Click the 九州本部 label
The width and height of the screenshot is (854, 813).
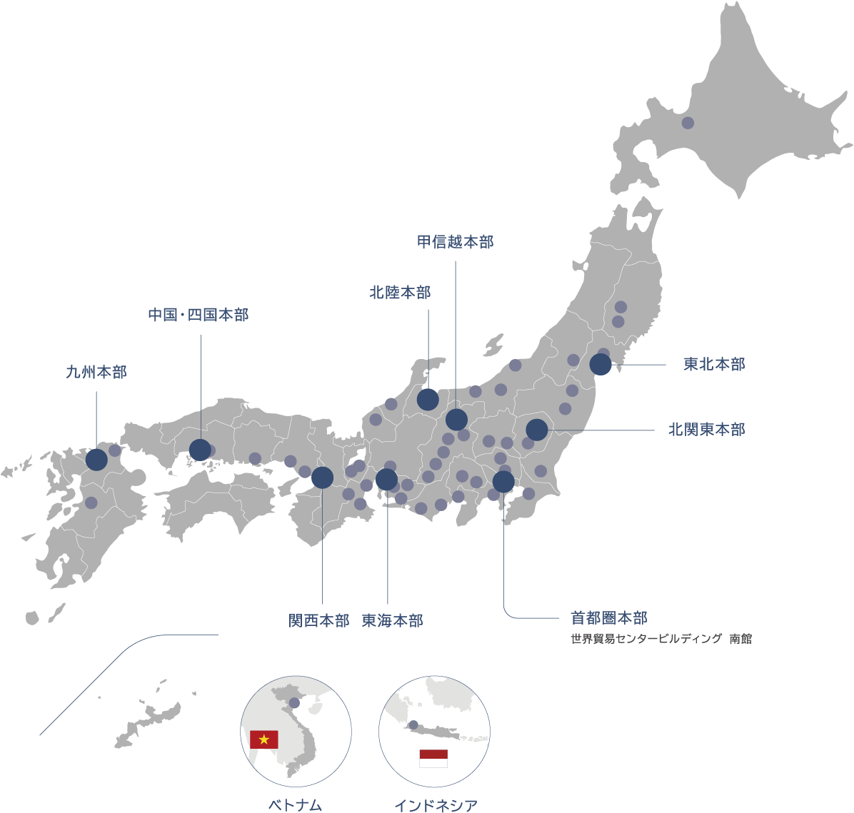point(96,372)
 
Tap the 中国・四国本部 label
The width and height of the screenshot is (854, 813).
point(199,315)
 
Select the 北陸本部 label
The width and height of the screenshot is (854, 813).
point(400,292)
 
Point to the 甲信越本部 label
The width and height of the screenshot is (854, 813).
point(455,242)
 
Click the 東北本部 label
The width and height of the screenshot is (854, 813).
point(714,365)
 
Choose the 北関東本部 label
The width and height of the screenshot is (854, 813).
point(706,430)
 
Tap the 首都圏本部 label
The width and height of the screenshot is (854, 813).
point(609,617)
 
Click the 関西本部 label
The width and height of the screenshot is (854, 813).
point(318,620)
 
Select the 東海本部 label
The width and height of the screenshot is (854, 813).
point(392,620)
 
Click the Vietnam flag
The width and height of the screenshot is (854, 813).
point(264,739)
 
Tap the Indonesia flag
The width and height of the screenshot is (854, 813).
point(433,758)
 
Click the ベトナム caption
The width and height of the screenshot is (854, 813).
point(295,805)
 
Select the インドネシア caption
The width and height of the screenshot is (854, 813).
point(436,805)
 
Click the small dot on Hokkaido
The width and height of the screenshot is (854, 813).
point(688,123)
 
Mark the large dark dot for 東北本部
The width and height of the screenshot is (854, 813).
point(601,364)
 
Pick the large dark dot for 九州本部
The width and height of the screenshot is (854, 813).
point(96,459)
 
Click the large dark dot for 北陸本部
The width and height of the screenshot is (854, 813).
point(428,400)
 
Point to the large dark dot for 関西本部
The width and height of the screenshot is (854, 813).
point(322,478)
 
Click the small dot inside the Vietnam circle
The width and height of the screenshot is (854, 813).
point(294,703)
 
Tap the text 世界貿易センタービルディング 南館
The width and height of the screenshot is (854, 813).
point(661,640)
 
